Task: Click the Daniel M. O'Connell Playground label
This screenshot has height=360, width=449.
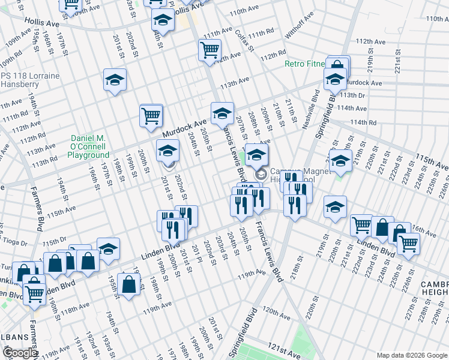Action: pyautogui.click(x=88, y=146)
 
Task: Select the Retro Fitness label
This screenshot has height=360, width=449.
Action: pyautogui.click(x=305, y=64)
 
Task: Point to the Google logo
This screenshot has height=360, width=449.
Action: pyautogui.click(x=20, y=353)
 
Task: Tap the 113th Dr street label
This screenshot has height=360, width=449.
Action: pyautogui.click(x=353, y=95)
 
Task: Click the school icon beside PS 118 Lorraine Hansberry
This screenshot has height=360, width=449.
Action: pyautogui.click(x=115, y=80)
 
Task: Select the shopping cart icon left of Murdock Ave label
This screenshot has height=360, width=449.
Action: pyautogui.click(x=151, y=115)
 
